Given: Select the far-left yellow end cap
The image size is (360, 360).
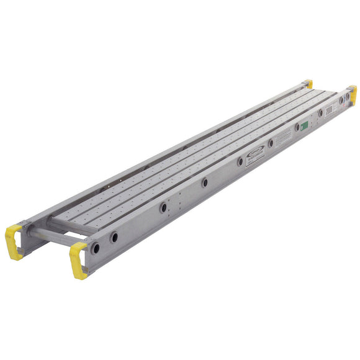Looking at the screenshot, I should [308, 84].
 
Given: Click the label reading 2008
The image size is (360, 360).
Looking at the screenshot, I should [330, 110].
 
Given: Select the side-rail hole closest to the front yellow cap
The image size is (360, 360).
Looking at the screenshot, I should [96, 248].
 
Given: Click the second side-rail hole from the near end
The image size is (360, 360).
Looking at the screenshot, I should [114, 236].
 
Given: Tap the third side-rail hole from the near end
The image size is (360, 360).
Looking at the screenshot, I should [163, 208].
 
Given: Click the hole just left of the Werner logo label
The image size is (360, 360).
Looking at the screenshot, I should [240, 161].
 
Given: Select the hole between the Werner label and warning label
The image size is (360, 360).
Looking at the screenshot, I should [271, 143].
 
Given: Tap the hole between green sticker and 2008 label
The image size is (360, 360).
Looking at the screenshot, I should [320, 113].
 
